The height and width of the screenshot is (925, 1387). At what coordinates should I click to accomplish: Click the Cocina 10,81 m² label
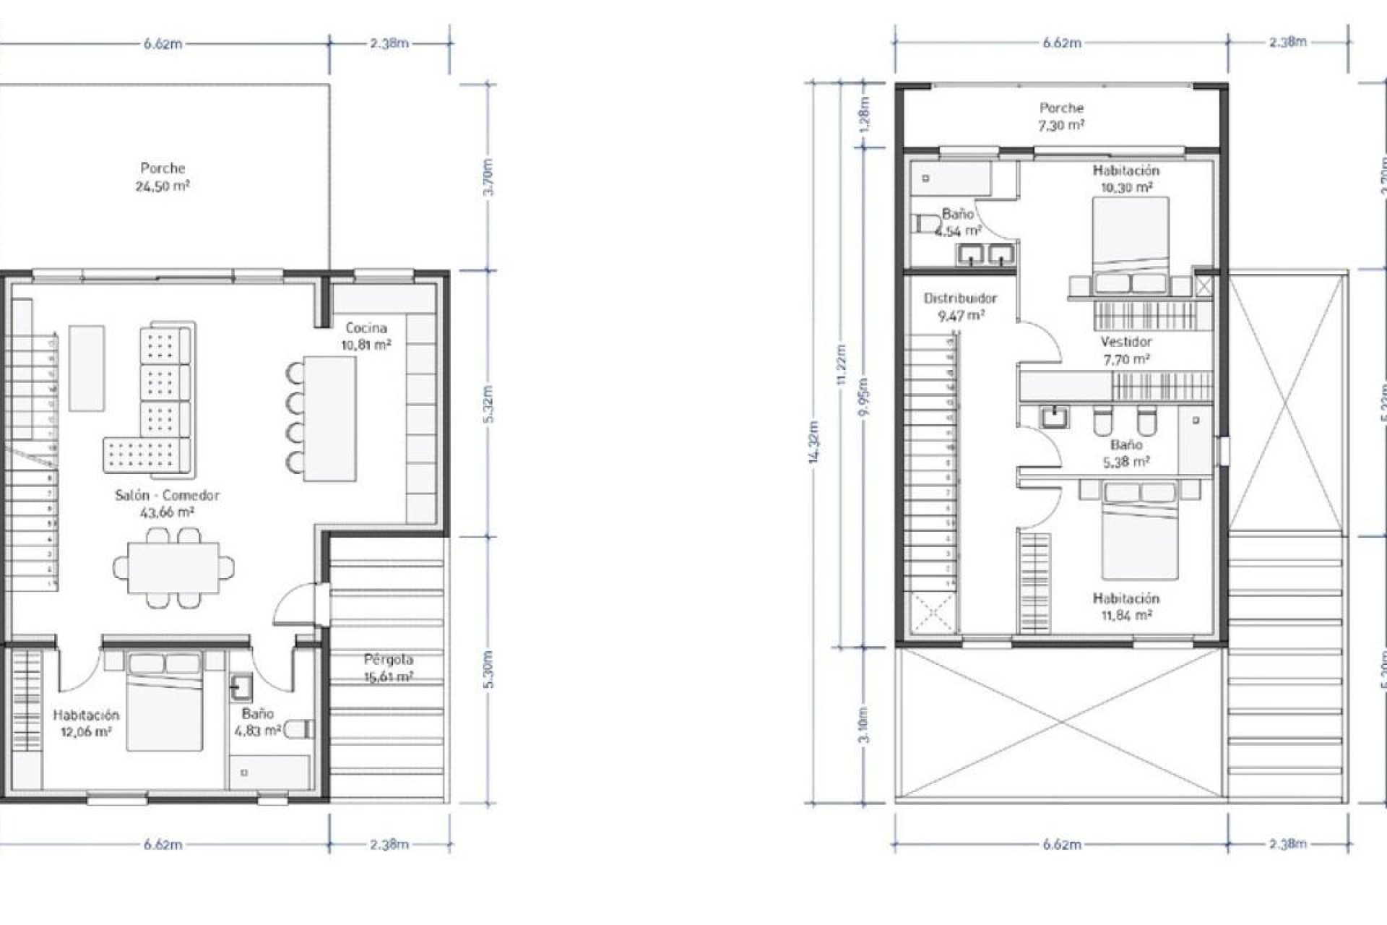coord(366,336)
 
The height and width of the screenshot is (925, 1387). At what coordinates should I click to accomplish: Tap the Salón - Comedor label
coord(167,504)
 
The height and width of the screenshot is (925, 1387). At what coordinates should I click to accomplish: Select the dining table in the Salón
coord(173,567)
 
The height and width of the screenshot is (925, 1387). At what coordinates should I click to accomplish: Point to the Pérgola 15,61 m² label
coord(389,668)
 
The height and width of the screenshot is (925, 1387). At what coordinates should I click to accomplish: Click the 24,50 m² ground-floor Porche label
coord(163,177)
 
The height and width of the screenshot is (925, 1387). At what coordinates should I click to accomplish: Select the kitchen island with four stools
coord(329,418)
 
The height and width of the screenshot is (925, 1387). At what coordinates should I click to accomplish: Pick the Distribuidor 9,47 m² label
coord(960,306)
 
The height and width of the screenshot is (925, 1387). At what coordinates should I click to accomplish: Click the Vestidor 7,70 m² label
coord(1126,350)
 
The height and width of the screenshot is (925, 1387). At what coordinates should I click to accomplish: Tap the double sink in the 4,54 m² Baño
coord(987,254)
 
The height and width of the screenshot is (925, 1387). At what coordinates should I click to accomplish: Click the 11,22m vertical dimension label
coord(841,365)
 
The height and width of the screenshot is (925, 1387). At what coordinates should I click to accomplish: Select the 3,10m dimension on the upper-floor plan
coord(865,725)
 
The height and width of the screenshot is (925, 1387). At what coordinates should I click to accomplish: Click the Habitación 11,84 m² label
coord(1125,607)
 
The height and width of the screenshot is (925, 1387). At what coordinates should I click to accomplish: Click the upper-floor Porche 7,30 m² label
coord(1061,116)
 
